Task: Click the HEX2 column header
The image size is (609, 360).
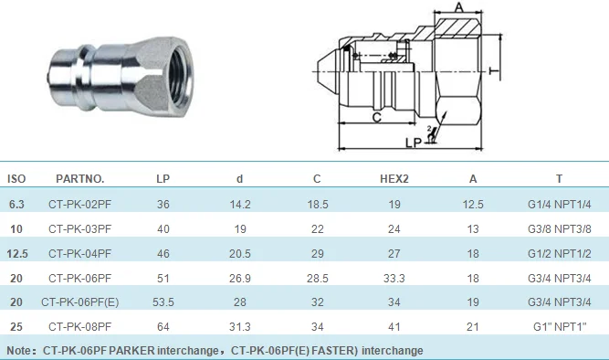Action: click(x=394, y=179)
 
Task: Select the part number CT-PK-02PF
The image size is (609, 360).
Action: click(x=80, y=205)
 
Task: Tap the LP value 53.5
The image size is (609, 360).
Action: click(x=163, y=302)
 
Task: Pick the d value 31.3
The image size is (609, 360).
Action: click(x=239, y=326)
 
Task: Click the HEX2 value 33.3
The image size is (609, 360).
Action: click(x=394, y=279)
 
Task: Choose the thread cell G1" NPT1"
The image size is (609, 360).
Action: click(x=560, y=326)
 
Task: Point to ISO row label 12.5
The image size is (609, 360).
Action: click(x=17, y=254)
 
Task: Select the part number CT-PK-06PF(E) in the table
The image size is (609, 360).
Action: click(x=80, y=302)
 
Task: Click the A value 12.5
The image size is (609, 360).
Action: click(x=473, y=205)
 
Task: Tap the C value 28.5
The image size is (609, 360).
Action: click(x=318, y=279)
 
